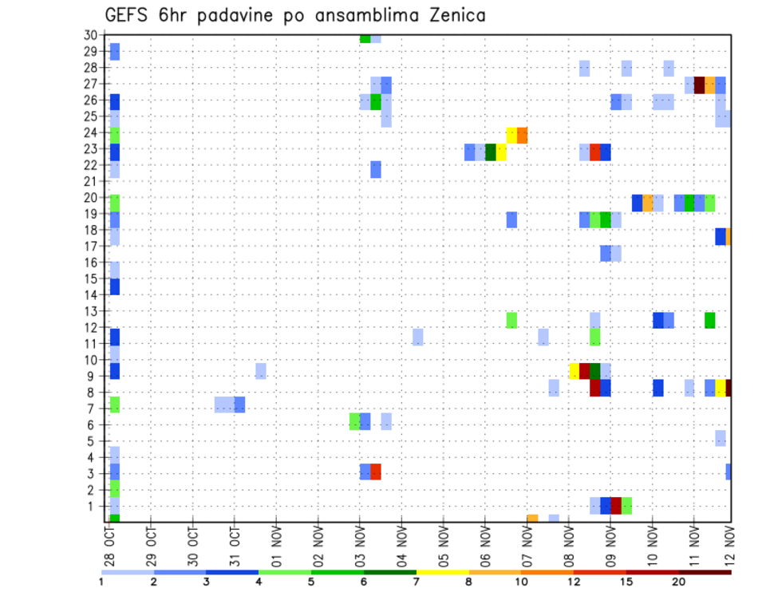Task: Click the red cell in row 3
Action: (376, 472)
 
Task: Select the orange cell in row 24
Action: (522, 135)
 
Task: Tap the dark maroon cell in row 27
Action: (699, 85)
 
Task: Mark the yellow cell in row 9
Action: (574, 371)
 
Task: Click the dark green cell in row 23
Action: (491, 152)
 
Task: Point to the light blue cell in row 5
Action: (721, 438)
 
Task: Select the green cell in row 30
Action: (365, 38)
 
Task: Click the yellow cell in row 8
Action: (721, 388)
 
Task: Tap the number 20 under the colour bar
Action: (679, 582)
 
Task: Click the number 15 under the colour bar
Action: (626, 582)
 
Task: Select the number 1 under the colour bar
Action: (101, 582)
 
